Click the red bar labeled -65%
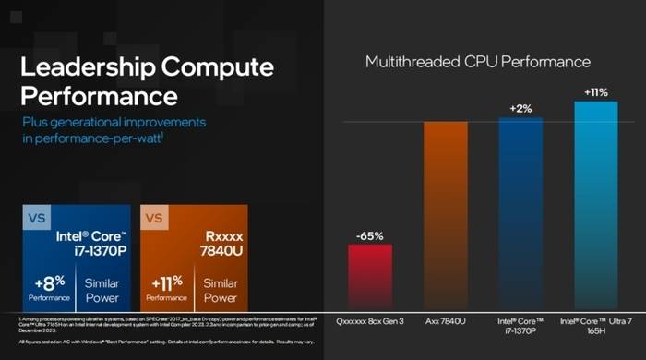point(369,277)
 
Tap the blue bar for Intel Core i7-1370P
point(521,213)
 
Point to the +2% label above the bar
point(521,108)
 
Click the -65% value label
point(369,235)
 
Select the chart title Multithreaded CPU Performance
point(477,62)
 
